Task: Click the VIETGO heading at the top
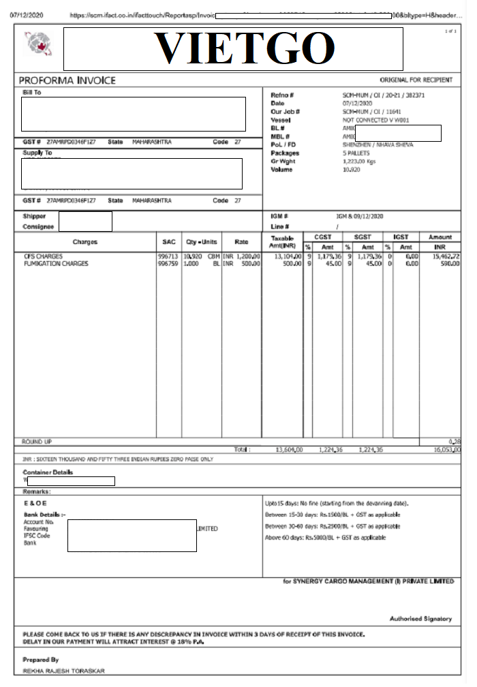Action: click(x=245, y=48)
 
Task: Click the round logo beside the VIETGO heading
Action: click(x=38, y=44)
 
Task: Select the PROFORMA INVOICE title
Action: click(x=67, y=80)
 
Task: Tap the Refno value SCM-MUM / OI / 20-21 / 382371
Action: click(x=384, y=95)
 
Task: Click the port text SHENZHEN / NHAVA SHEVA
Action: click(x=378, y=144)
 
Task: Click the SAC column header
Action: click(x=168, y=242)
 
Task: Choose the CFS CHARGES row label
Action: click(x=44, y=256)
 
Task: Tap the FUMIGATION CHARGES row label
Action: click(x=56, y=264)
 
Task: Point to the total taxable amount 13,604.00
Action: click(x=289, y=451)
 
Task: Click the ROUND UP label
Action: click(x=37, y=442)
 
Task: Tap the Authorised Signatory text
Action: click(x=420, y=619)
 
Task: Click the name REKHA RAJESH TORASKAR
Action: click(x=64, y=671)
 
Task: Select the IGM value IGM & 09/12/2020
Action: click(x=363, y=216)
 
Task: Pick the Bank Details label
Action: click(x=44, y=515)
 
